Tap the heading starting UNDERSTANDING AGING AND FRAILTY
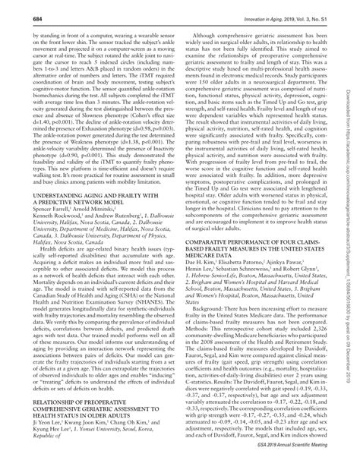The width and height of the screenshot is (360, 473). click(x=92, y=195)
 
